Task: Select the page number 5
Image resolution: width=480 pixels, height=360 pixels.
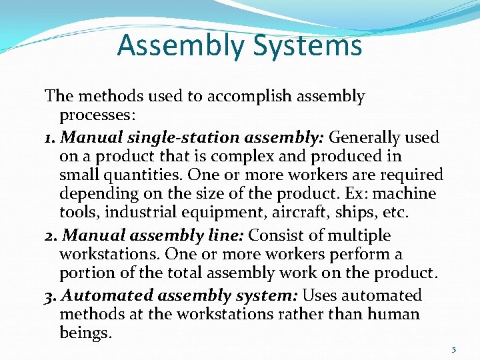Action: [x=453, y=349]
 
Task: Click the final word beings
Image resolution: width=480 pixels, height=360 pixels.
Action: [x=85, y=332]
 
